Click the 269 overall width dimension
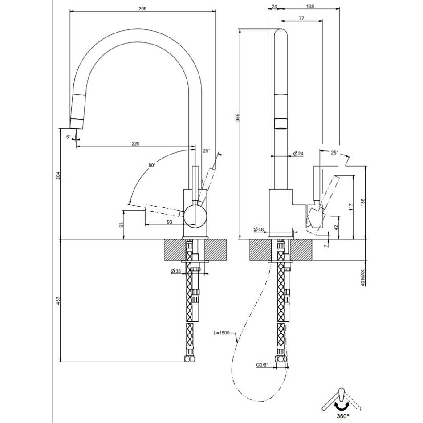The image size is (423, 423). pyautogui.click(x=142, y=8)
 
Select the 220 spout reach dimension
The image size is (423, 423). pyautogui.click(x=135, y=143)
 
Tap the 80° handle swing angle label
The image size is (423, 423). pyautogui.click(x=152, y=165)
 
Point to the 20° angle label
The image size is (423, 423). pyautogui.click(x=206, y=151)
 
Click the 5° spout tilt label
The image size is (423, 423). pyautogui.click(x=69, y=137)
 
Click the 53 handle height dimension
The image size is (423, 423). pyautogui.click(x=121, y=224)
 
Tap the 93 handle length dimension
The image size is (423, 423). pyautogui.click(x=170, y=222)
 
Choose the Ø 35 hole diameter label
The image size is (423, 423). pyautogui.click(x=176, y=272)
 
